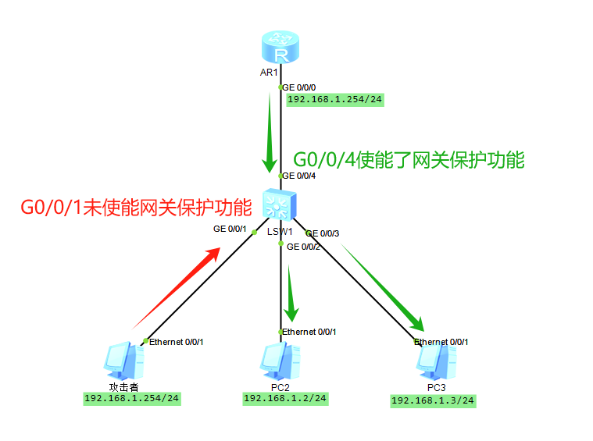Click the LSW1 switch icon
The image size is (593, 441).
coord(278,205)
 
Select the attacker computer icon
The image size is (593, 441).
coord(123,361)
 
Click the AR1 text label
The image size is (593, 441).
coord(269,73)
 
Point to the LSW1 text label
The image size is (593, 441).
coord(280,232)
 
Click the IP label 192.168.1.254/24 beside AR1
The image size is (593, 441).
coord(335,100)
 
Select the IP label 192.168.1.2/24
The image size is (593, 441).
coord(285,398)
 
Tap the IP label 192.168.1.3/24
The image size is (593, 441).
coord(433,400)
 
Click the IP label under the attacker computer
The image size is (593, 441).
coord(132,398)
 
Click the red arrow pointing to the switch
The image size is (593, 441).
coord(176,286)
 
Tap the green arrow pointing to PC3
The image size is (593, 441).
coord(384,288)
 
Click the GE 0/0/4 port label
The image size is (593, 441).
coord(298,176)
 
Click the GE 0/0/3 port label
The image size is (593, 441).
coord(323,233)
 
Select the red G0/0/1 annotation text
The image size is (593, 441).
coord(136,207)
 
